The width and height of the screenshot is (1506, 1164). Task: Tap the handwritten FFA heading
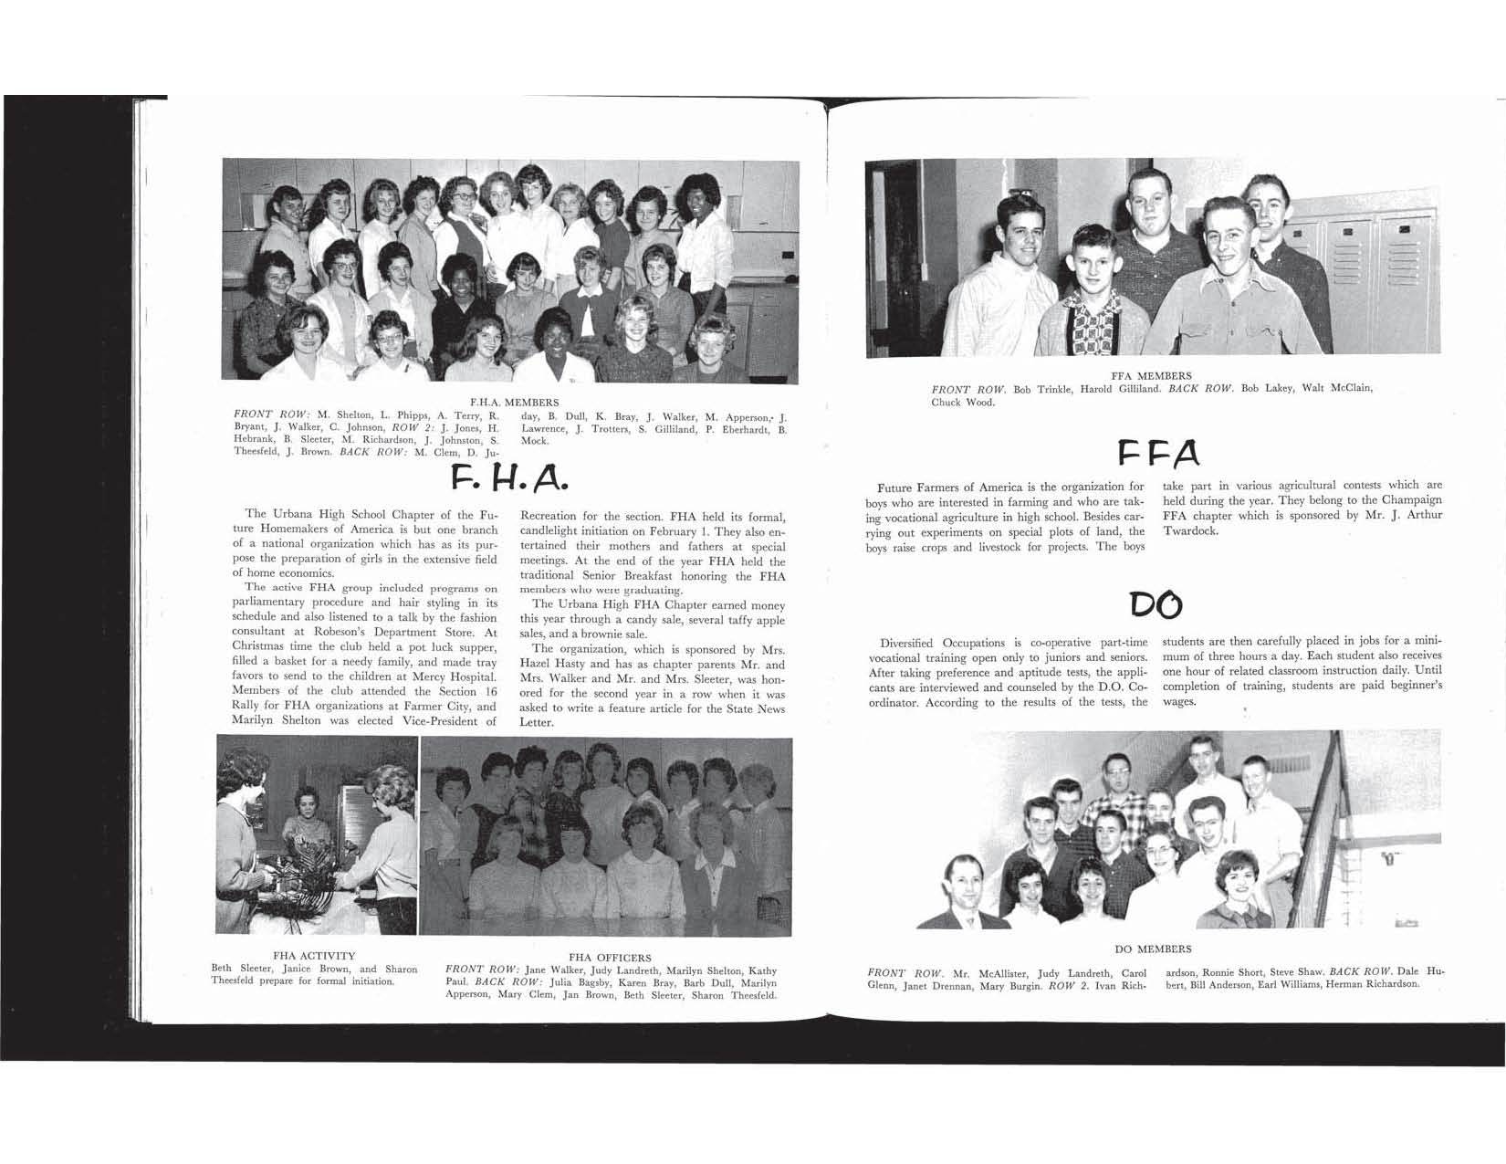(1158, 452)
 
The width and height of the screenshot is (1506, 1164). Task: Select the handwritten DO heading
(1155, 603)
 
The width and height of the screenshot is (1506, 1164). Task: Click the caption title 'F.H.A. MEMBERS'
(514, 402)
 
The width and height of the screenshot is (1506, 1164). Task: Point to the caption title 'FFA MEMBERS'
(1151, 376)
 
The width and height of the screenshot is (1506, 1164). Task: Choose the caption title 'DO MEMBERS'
(1153, 949)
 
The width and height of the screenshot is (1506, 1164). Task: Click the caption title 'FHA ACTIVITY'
(314, 956)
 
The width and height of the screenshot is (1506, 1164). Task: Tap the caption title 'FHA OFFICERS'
(610, 958)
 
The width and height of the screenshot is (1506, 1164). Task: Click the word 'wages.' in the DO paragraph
(1179, 702)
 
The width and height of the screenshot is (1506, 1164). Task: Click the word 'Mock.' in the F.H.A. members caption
(535, 441)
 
